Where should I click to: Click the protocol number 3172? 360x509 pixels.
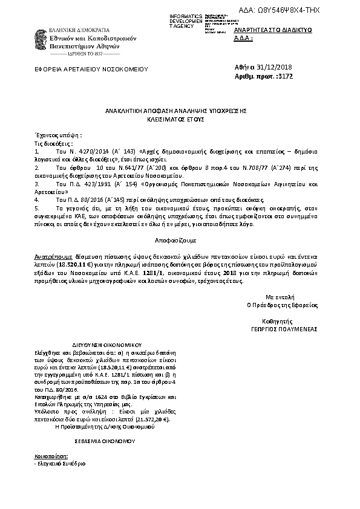tap(285, 77)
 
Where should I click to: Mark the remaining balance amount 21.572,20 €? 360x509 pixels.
tap(148, 419)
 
